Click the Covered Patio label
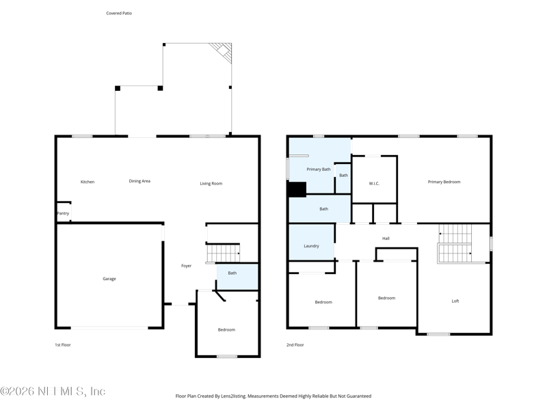click(119, 13)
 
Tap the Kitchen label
click(88, 182)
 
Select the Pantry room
click(64, 212)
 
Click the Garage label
click(109, 279)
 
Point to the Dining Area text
click(139, 181)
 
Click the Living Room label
click(211, 183)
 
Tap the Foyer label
click(186, 266)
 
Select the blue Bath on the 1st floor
click(237, 277)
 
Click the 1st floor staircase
click(224, 253)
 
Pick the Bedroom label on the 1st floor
click(226, 329)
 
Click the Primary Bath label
click(319, 169)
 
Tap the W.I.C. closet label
click(374, 183)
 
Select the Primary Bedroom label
click(444, 182)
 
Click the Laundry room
click(312, 242)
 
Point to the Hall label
click(386, 238)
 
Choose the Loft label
click(455, 301)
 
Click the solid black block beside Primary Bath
click(297, 189)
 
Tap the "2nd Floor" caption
click(295, 345)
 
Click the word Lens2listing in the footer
click(234, 396)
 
